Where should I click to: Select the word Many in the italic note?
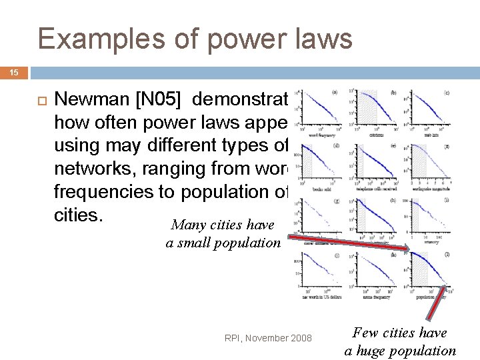187,225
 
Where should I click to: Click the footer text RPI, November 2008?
269,338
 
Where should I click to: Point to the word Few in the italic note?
366,332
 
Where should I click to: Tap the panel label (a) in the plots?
333,92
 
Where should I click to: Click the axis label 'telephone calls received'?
377,189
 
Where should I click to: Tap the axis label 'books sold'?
323,189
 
